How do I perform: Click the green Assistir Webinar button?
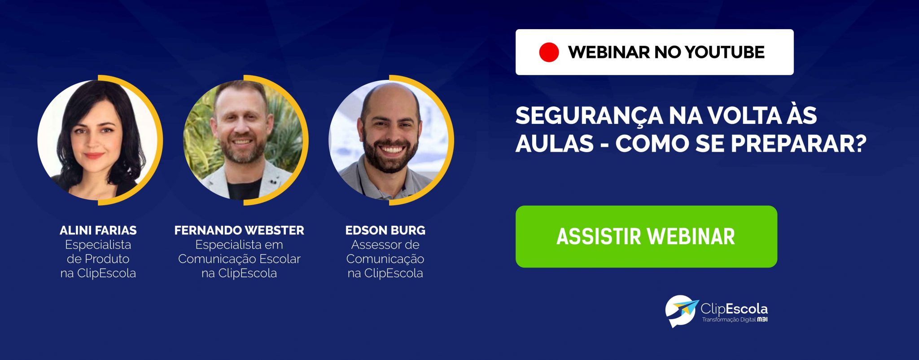coord(646,237)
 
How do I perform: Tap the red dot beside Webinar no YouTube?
coord(549,52)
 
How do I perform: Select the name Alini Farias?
coord(98,230)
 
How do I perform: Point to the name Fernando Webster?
coord(239,230)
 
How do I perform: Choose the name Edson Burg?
coord(385,230)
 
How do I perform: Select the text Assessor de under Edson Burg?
coord(385,245)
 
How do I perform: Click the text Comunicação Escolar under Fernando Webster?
coord(239,259)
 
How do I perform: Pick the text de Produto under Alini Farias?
coord(98,259)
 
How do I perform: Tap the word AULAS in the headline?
coord(555,144)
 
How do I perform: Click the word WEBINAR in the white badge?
coord(608,52)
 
